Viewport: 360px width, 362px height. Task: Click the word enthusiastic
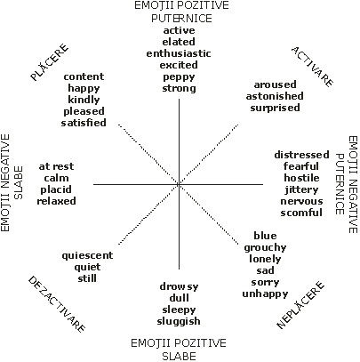point(179,53)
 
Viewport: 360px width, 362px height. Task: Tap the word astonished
point(275,96)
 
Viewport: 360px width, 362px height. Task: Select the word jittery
point(301,189)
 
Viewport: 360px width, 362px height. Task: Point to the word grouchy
point(265,247)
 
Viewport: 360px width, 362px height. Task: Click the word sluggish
point(179,321)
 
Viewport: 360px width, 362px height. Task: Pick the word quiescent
point(87,255)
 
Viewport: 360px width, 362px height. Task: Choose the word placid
point(56,189)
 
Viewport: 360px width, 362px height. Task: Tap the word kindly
point(84,100)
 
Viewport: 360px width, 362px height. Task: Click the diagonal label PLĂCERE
point(50,62)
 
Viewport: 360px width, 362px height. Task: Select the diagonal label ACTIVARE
point(312,67)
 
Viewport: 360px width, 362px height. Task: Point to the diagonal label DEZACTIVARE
point(57,304)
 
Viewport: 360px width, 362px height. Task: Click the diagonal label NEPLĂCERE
point(300,305)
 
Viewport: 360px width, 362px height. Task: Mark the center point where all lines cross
point(179,184)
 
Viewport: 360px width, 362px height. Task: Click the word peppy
point(179,77)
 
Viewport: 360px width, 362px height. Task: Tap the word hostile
point(301,178)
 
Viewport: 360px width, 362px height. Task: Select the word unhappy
point(265,294)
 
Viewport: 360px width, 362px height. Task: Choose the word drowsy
point(179,286)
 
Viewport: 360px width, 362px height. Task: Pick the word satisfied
point(84,123)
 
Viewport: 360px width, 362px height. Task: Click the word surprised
point(275,108)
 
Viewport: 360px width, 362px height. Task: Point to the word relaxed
point(56,201)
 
